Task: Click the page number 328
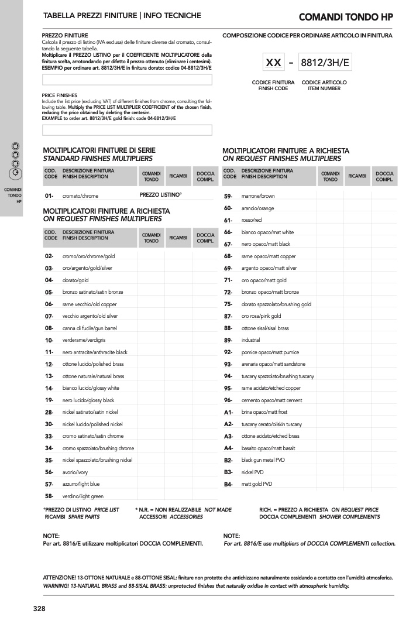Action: [x=39, y=609]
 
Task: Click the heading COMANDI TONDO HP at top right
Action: [x=345, y=17]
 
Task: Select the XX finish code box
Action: [x=273, y=63]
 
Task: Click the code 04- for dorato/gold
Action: [x=49, y=280]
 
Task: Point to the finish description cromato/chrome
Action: [x=80, y=196]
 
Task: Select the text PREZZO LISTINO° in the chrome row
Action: [x=160, y=194]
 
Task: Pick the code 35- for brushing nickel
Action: [x=49, y=460]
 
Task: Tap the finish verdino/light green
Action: [x=82, y=496]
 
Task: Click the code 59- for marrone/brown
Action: [x=228, y=196]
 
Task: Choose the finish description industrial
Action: [x=250, y=340]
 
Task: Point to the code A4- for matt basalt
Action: [x=228, y=448]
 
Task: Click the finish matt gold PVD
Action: [x=257, y=484]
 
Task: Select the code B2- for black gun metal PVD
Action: [x=228, y=460]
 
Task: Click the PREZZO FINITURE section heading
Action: [x=65, y=36]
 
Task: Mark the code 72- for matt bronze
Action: [x=228, y=292]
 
